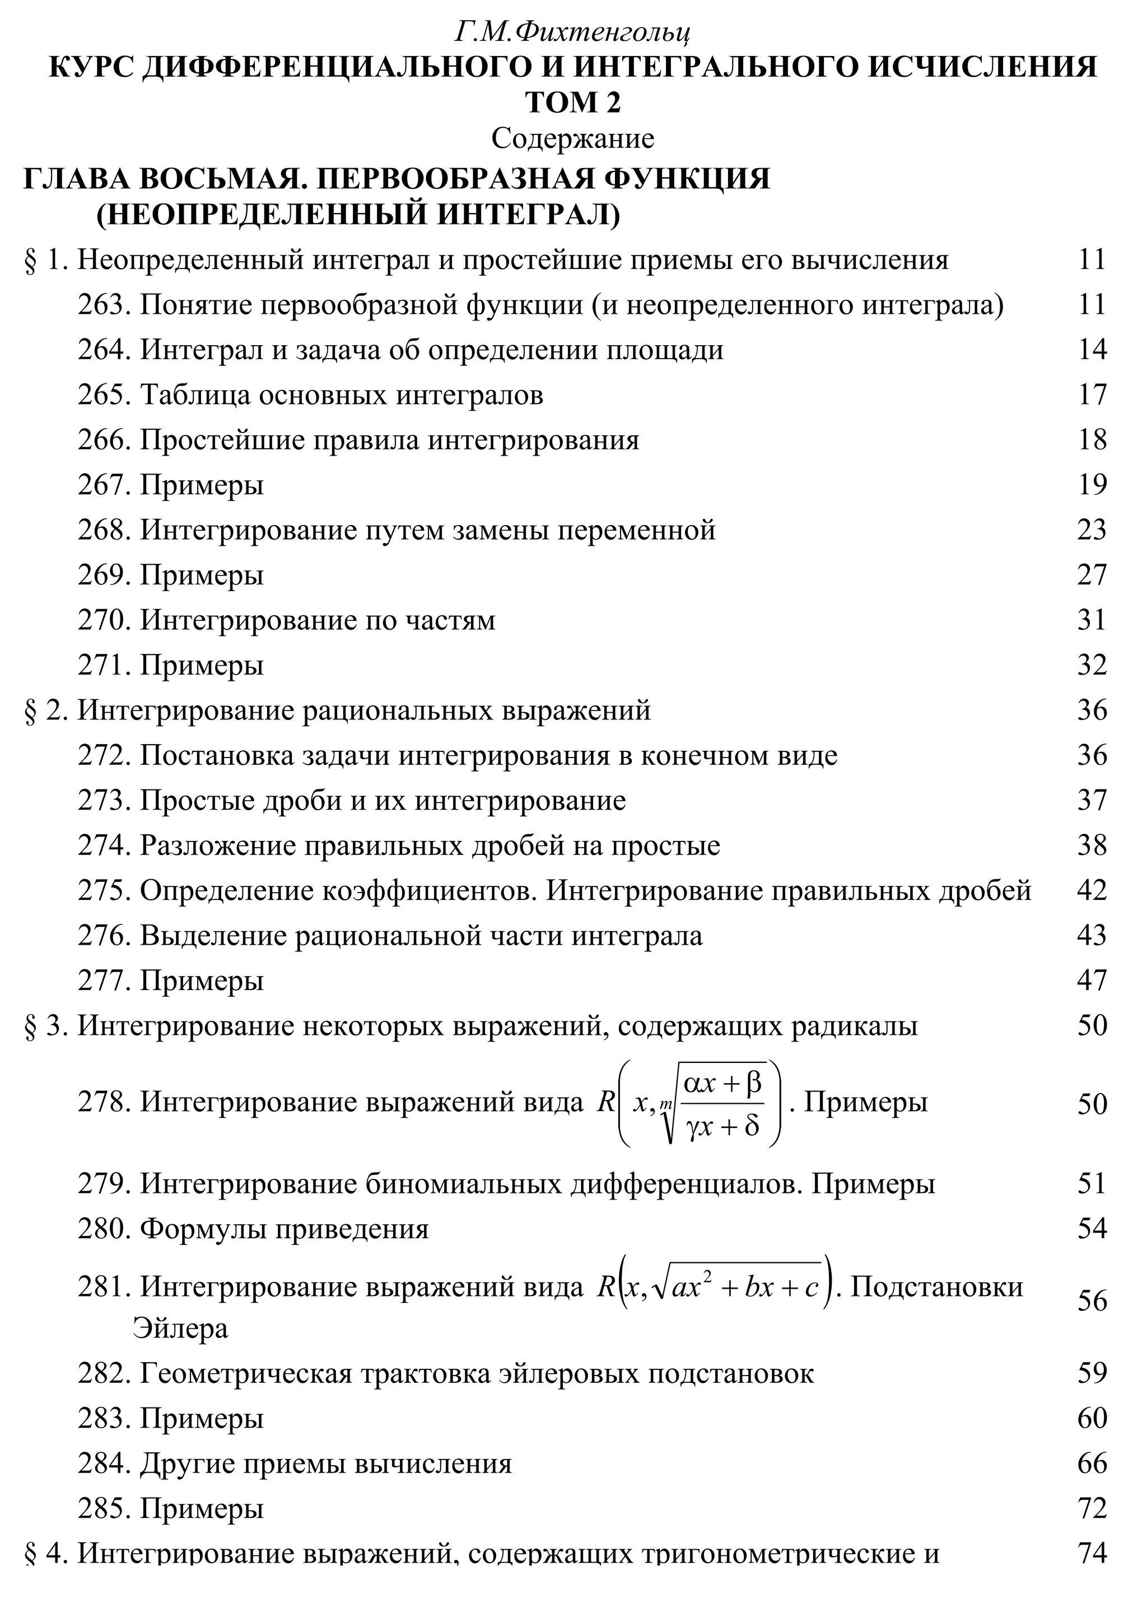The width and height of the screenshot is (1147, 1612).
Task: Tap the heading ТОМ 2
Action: click(573, 103)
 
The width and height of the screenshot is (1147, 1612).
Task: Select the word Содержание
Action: click(573, 138)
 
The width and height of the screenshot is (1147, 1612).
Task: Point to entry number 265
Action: click(103, 395)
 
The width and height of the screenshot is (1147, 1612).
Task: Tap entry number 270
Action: click(103, 620)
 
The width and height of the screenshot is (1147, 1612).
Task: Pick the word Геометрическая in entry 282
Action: click(246, 1373)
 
